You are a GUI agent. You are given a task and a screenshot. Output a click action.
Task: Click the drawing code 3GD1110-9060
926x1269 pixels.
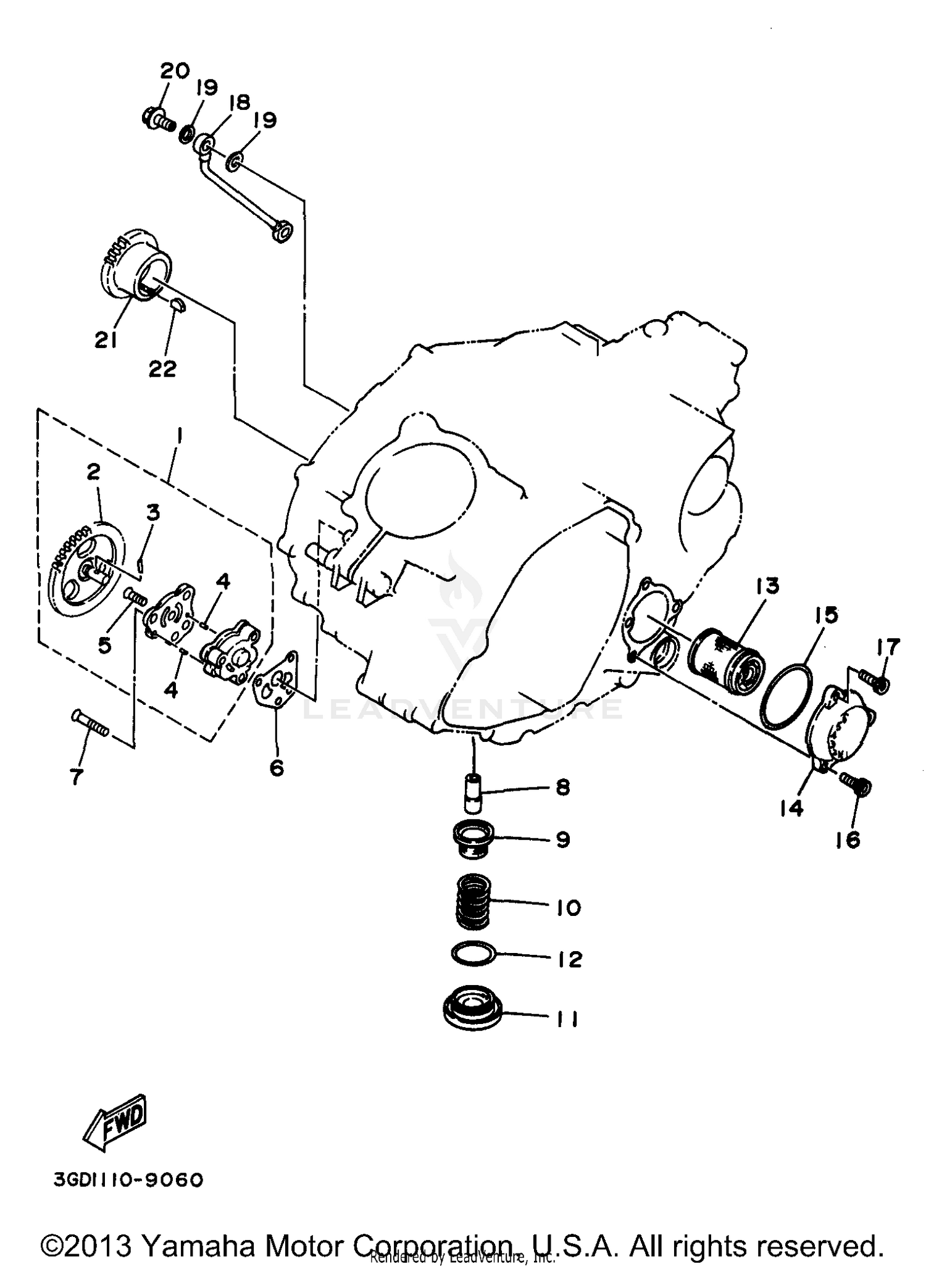tap(128, 1180)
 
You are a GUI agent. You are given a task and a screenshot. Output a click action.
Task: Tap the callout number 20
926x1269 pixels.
tap(175, 71)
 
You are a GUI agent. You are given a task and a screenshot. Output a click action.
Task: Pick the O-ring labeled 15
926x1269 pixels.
tap(786, 696)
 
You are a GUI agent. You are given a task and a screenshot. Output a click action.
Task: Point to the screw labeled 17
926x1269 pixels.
tap(877, 681)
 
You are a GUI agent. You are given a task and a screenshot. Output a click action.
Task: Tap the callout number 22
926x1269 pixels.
tap(162, 368)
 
